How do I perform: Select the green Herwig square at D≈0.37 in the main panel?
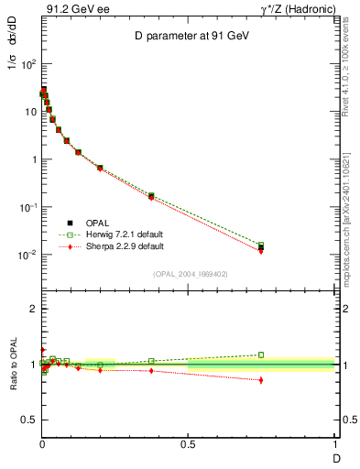[151, 196]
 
